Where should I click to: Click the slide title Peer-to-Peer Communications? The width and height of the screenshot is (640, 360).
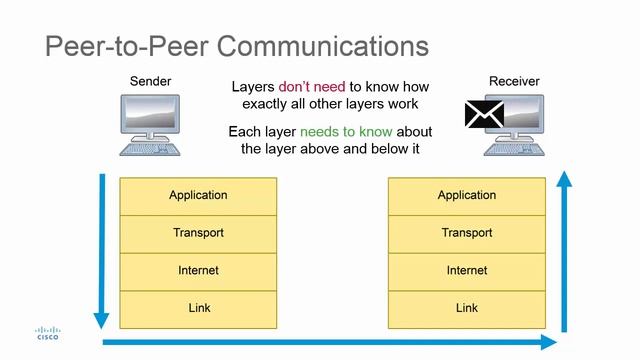point(237,46)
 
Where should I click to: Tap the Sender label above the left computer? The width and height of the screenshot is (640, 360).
point(151,81)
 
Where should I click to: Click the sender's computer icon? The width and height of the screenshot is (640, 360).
point(150,124)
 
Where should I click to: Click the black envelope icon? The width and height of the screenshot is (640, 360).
point(484,113)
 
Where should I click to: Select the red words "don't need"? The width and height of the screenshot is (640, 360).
point(312,87)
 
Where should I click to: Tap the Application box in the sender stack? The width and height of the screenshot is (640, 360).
point(198,196)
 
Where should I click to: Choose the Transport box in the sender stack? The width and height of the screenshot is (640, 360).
point(198,234)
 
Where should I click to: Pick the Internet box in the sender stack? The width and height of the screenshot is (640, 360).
point(198,271)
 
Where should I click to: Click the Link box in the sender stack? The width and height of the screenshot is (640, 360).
point(198,309)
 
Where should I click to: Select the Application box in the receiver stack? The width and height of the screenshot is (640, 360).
point(466,196)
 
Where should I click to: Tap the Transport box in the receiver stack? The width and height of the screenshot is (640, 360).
point(466,234)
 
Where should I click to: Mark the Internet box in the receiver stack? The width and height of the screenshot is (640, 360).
point(466,271)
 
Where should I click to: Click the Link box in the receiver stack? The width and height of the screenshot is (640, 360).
point(466,309)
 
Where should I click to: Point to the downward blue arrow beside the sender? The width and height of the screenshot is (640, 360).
point(101,250)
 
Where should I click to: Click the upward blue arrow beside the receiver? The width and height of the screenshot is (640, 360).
point(564,250)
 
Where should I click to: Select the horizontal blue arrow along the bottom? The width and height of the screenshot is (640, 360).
point(330,343)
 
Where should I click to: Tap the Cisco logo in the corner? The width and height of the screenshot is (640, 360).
point(47,334)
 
